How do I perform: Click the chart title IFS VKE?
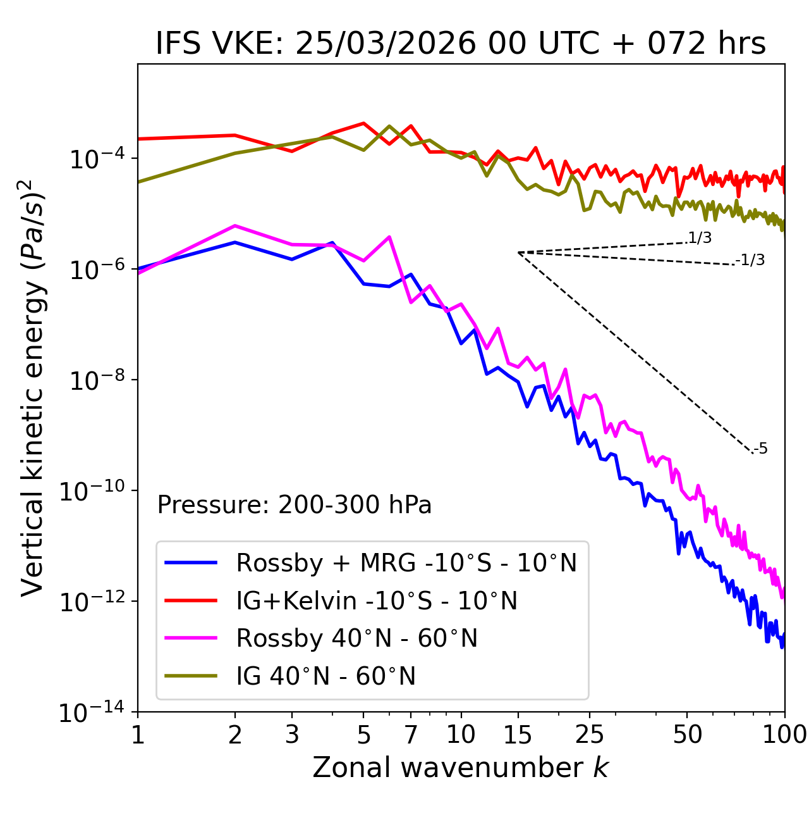pos(461,44)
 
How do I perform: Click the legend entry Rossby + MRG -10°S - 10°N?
pos(406,563)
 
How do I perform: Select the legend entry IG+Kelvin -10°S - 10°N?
pos(376,600)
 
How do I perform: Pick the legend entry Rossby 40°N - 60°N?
pos(356,638)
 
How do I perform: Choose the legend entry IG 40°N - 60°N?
pos(325,676)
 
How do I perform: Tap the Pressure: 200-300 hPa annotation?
pos(295,505)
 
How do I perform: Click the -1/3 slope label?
pos(750,260)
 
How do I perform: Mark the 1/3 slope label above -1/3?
pos(700,238)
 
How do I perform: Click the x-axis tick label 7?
pos(411,735)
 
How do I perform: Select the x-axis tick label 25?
pos(589,735)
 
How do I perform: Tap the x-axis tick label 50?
pos(687,735)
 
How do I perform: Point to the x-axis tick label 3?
pos(292,735)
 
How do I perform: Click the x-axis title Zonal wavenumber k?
pos(461,768)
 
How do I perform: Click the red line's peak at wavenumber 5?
pos(363,123)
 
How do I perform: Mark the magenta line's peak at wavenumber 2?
pos(235,225)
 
